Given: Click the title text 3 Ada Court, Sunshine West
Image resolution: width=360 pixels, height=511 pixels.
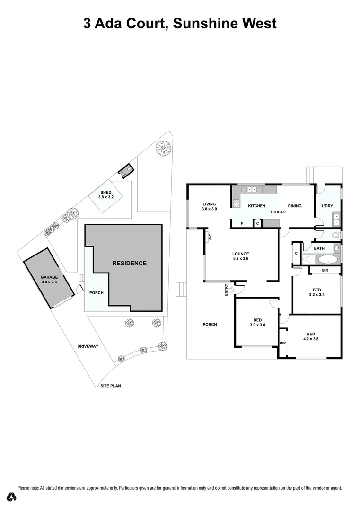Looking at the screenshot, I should tap(180, 23).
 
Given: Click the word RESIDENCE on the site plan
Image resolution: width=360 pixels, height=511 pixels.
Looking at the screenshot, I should tap(129, 263).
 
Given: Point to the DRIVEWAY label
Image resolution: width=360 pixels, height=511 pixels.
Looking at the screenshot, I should tap(88, 346).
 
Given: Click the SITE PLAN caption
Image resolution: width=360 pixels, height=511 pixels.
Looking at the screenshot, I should tap(111, 386).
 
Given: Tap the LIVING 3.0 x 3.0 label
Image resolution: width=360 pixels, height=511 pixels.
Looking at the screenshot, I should tap(209, 206).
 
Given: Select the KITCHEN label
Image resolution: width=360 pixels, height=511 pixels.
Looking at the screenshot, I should tap(257, 206).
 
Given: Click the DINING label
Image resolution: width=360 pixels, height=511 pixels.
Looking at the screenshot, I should tap(295, 206).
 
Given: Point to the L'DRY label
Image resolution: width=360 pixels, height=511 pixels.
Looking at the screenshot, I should tap(328, 206).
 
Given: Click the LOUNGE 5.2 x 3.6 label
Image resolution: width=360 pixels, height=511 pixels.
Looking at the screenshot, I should tap(240, 256).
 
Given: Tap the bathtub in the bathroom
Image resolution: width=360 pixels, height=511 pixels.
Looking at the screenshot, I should tap(326, 259).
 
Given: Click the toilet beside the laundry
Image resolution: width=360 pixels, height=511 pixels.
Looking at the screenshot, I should tap(336, 235).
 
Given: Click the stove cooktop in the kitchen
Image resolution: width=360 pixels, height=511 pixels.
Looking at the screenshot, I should tap(236, 203).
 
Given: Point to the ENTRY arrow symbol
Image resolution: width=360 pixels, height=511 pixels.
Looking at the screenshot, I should tap(231, 289).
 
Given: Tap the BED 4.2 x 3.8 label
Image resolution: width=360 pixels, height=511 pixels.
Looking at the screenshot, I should tap(310, 335).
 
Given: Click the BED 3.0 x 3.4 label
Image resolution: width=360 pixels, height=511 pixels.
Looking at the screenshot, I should tap(256, 322).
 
